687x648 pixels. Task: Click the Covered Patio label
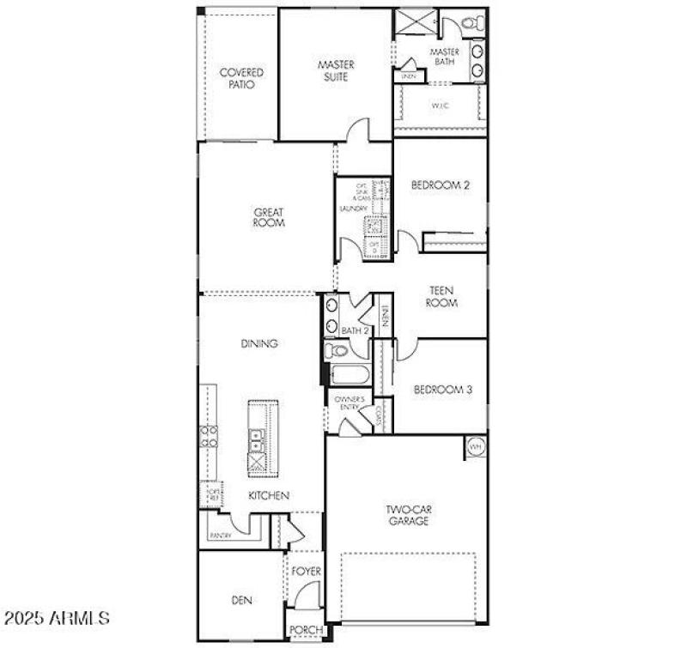click(x=240, y=79)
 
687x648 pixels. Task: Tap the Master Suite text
click(x=336, y=70)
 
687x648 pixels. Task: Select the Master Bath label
click(x=444, y=57)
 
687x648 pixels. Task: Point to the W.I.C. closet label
click(x=441, y=106)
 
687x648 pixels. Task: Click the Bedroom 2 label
click(x=440, y=184)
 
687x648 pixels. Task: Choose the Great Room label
click(x=268, y=217)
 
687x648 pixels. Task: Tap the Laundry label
click(x=353, y=209)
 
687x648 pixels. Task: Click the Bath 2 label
click(x=354, y=330)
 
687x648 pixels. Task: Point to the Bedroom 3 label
click(x=442, y=389)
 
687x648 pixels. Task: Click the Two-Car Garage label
click(x=407, y=515)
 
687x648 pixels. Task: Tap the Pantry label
click(x=220, y=536)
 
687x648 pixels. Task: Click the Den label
click(x=242, y=601)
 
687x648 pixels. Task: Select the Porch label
click(x=306, y=631)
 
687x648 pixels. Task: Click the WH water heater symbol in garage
click(x=475, y=447)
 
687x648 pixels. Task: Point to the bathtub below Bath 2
click(x=349, y=375)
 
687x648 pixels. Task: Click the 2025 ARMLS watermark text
click(x=56, y=617)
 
